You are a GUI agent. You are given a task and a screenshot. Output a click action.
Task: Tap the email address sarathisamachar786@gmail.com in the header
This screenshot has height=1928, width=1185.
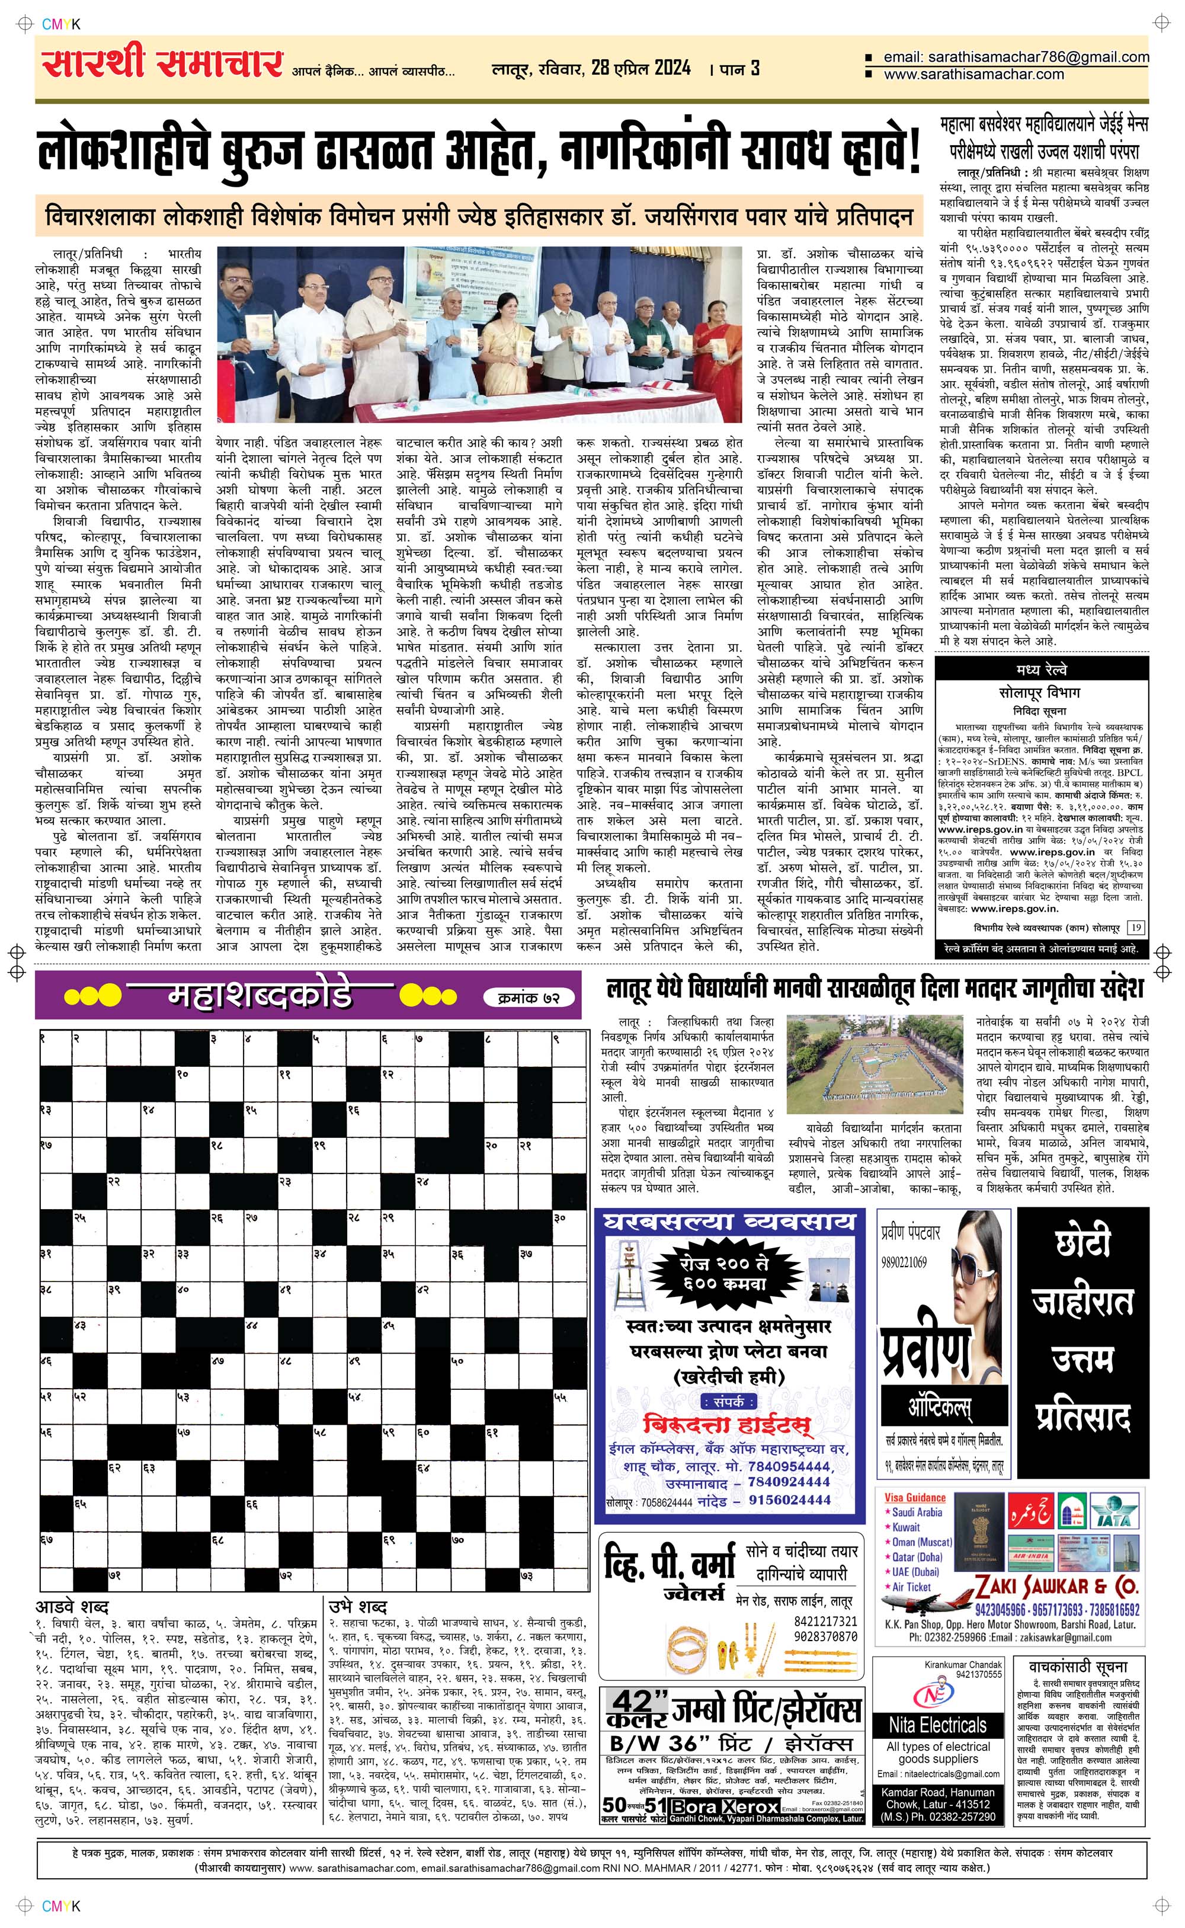pyautogui.click(x=1016, y=57)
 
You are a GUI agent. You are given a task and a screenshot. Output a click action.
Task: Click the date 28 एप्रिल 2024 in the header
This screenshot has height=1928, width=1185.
pyautogui.click(x=641, y=68)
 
